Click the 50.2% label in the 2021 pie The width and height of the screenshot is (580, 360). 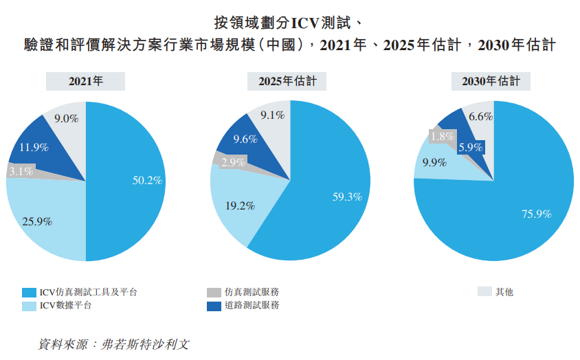pos(147,181)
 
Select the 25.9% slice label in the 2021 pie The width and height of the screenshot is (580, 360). pos(38,221)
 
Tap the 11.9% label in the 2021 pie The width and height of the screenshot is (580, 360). pos(34,146)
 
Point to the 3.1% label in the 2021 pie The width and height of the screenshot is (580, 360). pos(21,172)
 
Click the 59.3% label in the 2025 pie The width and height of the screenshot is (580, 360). pos(347,196)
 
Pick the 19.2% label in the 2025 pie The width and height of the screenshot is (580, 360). pos(241,205)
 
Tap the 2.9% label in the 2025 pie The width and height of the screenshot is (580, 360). pos(234,162)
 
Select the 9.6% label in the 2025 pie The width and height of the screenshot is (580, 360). pos(245,139)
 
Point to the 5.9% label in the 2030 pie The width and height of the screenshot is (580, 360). pos(471,147)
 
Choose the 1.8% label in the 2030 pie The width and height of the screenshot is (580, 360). pos(442,136)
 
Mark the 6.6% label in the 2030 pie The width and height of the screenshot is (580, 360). pos(480,116)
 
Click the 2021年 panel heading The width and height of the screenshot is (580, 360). pos(85,81)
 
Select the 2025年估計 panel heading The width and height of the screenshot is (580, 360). pos(287,81)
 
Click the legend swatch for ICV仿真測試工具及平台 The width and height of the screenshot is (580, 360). pos(29,292)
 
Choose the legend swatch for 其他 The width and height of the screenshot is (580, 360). pos(484,292)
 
